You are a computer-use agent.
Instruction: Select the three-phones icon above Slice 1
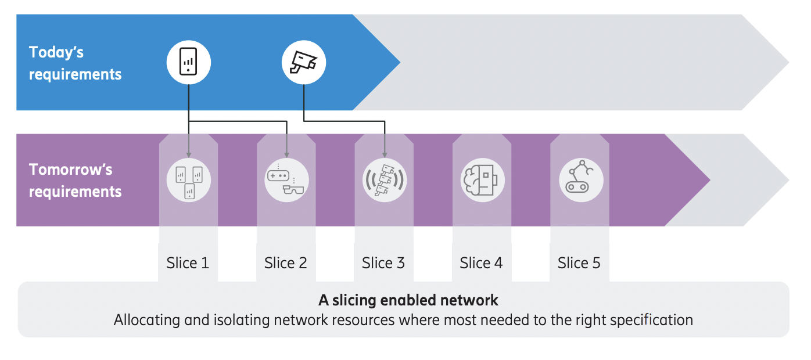click(188, 180)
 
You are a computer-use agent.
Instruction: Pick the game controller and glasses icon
click(286, 180)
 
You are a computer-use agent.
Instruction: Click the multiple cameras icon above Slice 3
click(384, 180)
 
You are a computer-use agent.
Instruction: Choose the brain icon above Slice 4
click(482, 180)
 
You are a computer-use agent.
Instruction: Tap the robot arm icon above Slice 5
click(580, 180)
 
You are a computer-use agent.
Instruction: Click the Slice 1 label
click(188, 263)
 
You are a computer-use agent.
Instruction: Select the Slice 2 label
click(285, 263)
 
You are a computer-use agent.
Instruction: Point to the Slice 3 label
click(383, 263)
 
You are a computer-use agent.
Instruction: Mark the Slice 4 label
click(481, 263)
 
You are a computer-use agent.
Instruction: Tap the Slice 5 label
click(579, 263)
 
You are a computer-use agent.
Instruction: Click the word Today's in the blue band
click(56, 53)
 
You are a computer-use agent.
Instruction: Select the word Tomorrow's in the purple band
click(71, 170)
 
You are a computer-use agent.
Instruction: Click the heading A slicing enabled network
click(408, 300)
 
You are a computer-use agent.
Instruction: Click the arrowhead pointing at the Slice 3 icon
click(384, 155)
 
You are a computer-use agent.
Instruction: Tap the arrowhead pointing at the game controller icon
click(286, 155)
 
